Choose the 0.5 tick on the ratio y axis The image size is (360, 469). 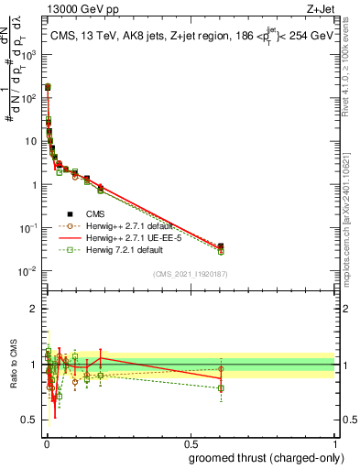[30, 420]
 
